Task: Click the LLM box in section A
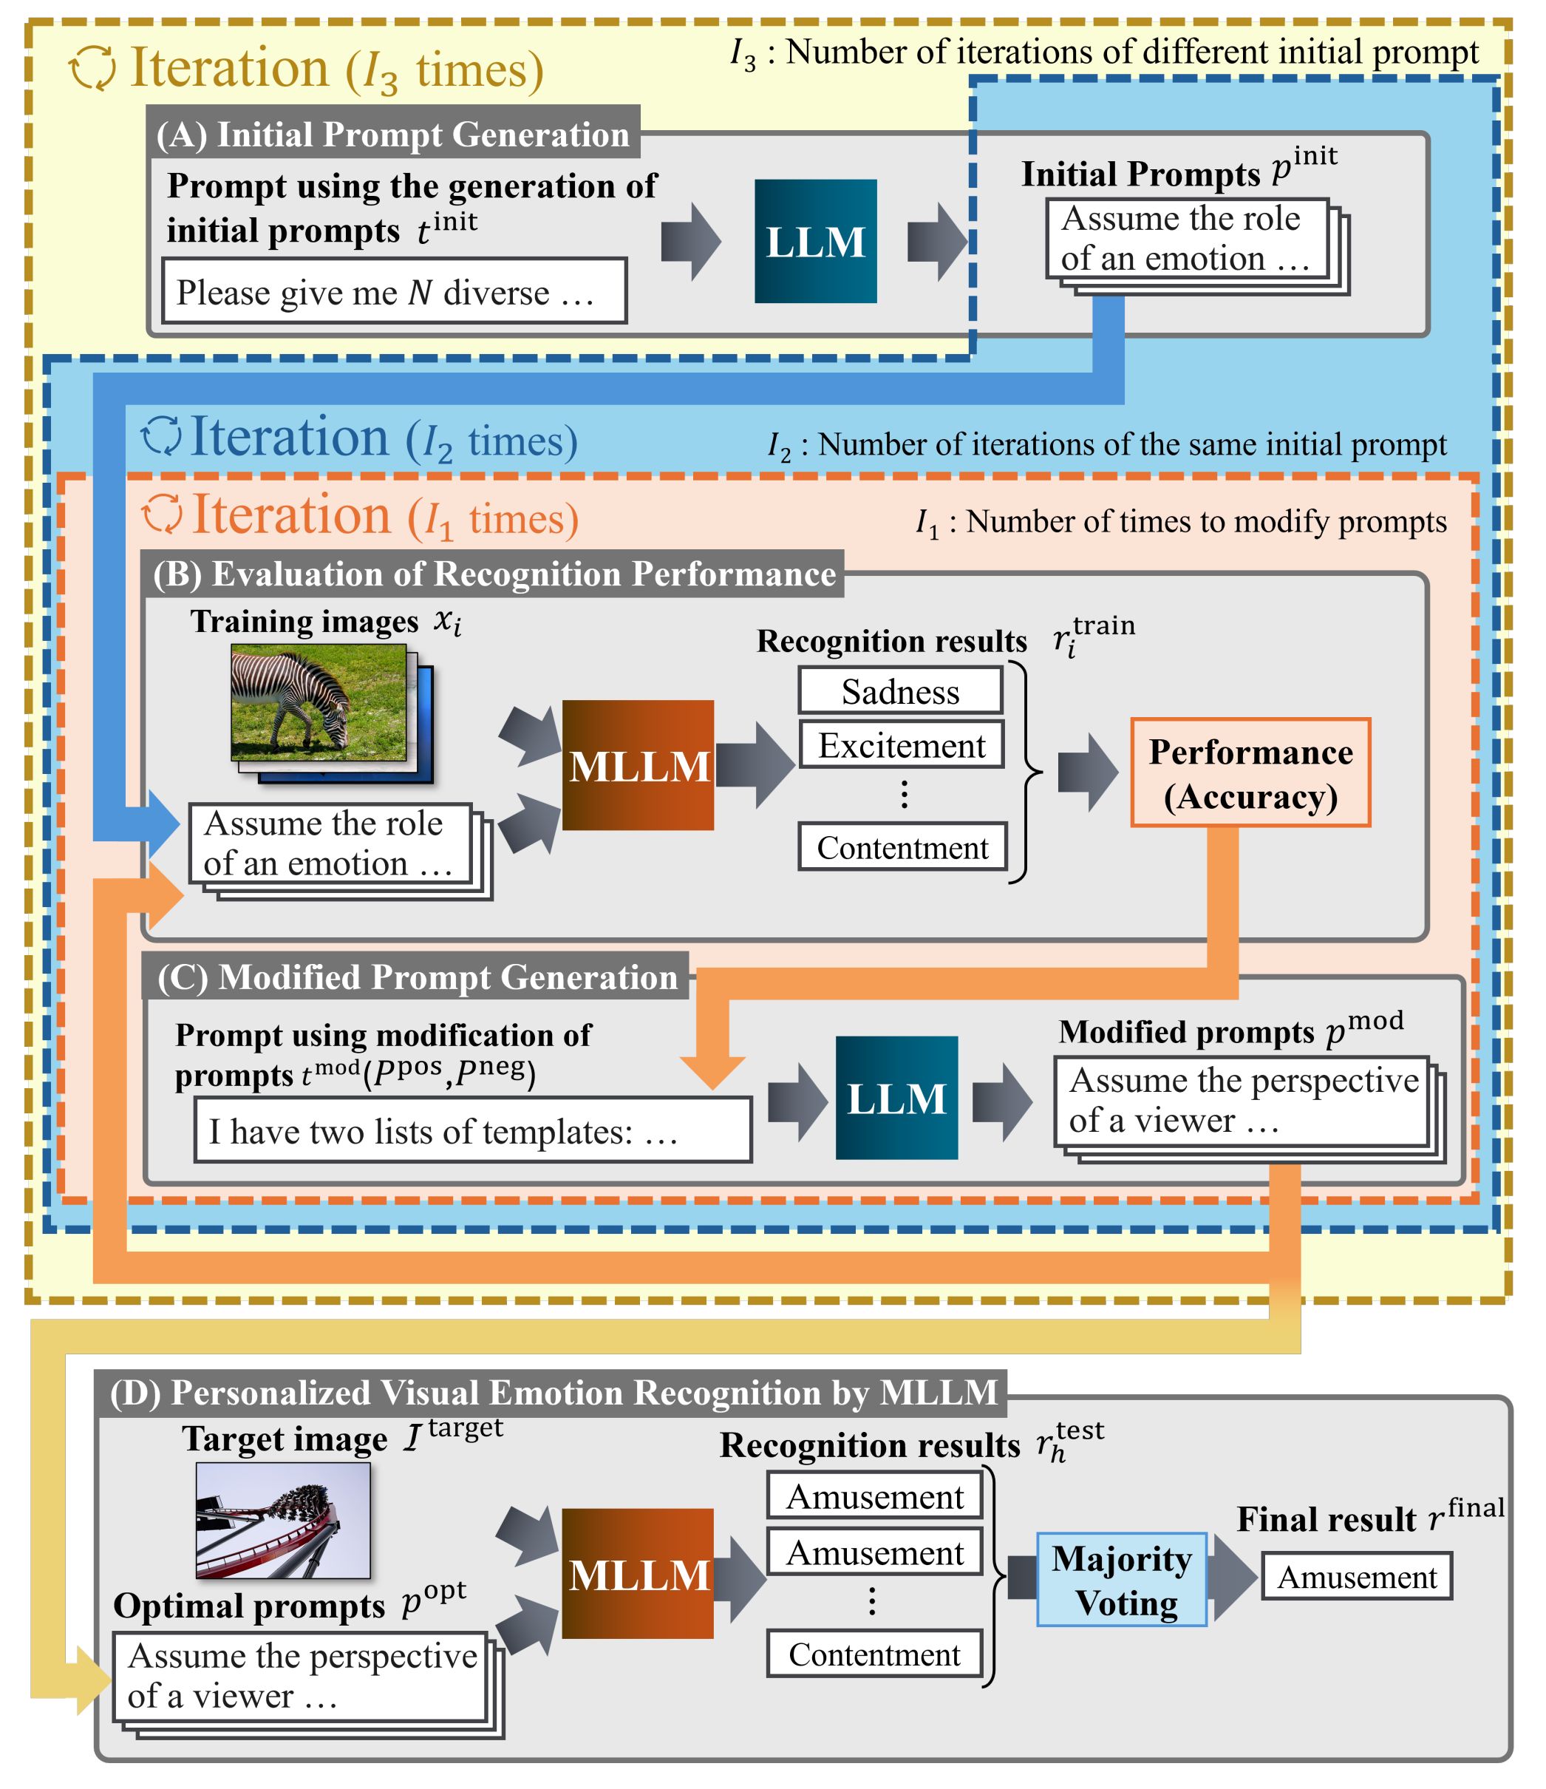pos(815,241)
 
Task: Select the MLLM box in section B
pos(638,765)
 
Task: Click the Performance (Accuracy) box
pos(1250,773)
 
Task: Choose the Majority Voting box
pos(1121,1580)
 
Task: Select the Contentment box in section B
pos(902,847)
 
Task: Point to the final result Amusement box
pos(1356,1577)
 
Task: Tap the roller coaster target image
pos(283,1520)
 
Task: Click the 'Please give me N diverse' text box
pos(394,292)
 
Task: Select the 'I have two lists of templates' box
pos(472,1130)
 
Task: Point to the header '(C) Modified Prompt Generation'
pos(416,976)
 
